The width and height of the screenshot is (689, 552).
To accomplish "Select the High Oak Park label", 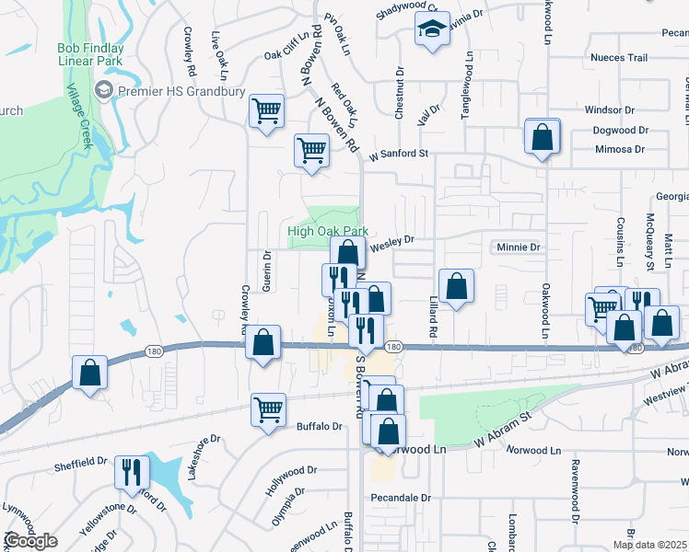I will (328, 232).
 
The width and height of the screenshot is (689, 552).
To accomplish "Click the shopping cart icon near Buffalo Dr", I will (268, 409).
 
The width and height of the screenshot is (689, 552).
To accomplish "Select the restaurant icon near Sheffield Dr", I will (132, 472).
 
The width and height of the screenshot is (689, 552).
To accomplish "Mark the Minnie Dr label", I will (518, 247).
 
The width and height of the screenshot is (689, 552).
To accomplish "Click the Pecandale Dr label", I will (401, 498).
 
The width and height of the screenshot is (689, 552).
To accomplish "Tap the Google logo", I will (30, 541).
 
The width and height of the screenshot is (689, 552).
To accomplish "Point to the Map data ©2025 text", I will (648, 545).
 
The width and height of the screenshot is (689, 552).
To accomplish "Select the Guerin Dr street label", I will (266, 271).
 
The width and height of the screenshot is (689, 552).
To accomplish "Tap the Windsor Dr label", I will (610, 110).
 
